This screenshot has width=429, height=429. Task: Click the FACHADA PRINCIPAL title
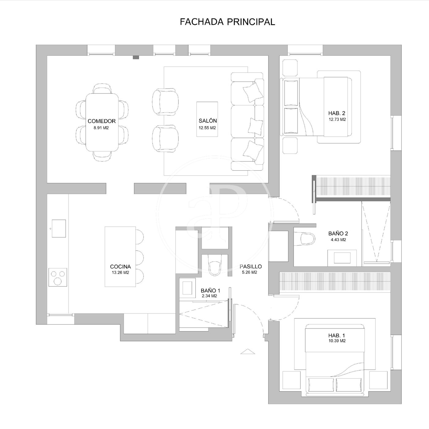pos(227,22)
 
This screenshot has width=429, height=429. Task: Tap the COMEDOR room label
pos(101,121)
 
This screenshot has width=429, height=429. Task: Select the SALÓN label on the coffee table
pos(208,121)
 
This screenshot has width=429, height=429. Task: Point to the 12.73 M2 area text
pos(337,119)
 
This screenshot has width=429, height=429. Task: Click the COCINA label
pos(120,267)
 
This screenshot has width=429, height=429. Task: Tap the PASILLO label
pos(251,266)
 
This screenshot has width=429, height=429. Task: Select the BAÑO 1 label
pos(211,290)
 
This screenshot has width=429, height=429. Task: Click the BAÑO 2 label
pos(338,233)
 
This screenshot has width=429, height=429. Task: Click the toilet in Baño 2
pos(305,239)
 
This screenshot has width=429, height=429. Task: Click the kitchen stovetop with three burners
pos(58,277)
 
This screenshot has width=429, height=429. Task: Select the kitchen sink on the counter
pos(59,228)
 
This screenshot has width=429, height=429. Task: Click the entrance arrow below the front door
pos(248,351)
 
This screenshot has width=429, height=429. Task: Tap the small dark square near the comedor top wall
pos(136,57)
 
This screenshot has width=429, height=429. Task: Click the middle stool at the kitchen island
pos(140,258)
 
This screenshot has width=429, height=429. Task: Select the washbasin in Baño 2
pos(342,258)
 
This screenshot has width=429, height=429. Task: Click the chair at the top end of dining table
pos(102,89)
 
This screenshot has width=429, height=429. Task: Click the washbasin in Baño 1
pos(187,288)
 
